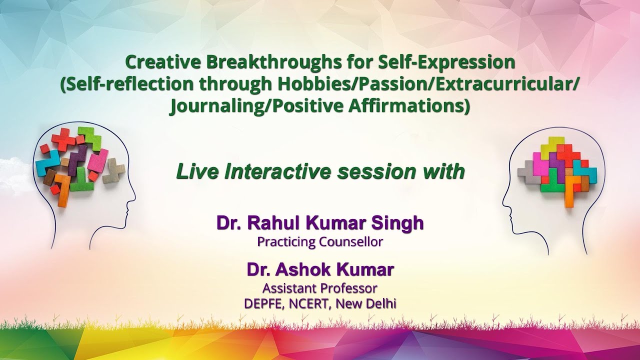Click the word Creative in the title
pyautogui.click(x=158, y=62)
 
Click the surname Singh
pyautogui.click(x=400, y=223)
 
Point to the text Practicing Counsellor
pyautogui.click(x=320, y=242)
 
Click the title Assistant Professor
pyautogui.click(x=320, y=288)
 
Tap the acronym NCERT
pyautogui.click(x=308, y=303)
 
